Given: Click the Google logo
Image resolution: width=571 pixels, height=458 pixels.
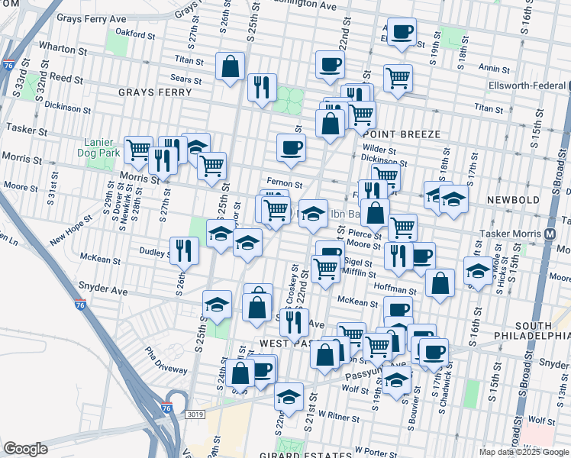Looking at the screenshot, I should (x=25, y=449).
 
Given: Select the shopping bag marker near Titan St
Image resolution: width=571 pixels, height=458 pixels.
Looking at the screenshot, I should (x=230, y=66).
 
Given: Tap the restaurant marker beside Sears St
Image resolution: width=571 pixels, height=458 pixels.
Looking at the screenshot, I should (x=262, y=85).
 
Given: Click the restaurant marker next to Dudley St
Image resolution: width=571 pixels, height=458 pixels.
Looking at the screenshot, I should (x=184, y=250).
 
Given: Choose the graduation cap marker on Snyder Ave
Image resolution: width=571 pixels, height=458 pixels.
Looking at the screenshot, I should (x=218, y=304).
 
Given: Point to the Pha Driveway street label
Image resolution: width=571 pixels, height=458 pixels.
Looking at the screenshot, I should (x=166, y=362).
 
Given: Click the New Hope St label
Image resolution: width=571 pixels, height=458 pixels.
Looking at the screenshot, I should (x=71, y=228).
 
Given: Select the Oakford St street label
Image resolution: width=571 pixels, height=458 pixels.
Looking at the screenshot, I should (x=135, y=34).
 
